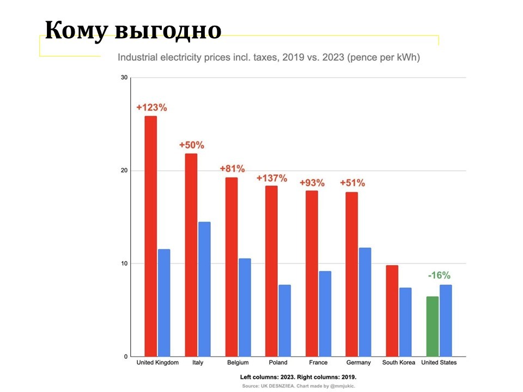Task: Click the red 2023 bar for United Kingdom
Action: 150,236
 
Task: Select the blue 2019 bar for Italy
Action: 204,289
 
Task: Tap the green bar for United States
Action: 432,326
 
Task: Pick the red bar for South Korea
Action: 392,310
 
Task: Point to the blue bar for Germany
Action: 365,302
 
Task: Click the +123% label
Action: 151,107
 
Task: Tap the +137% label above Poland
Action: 272,178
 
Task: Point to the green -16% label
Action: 439,275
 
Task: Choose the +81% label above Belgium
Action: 232,169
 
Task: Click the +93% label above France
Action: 312,182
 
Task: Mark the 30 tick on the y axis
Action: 124,78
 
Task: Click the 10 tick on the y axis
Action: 124,264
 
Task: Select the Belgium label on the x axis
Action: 238,363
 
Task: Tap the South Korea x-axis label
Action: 398,363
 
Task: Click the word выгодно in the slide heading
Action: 168,30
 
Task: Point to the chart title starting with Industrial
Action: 269,57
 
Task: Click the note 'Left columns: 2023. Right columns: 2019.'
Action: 298,377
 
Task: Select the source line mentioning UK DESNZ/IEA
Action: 298,386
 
